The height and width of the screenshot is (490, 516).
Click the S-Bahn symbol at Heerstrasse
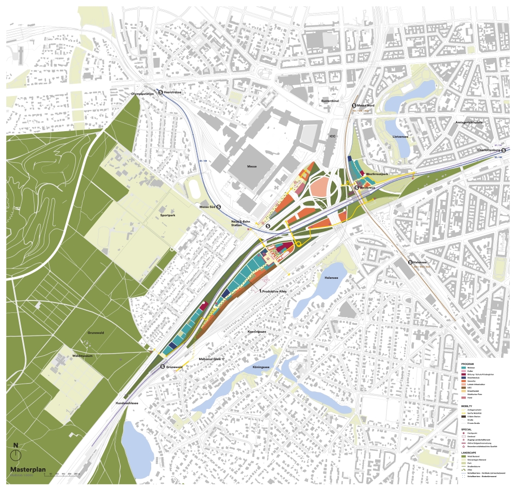(x=162, y=91)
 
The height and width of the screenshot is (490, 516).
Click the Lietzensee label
(x=400, y=138)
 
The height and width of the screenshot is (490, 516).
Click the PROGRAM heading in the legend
(x=468, y=363)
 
